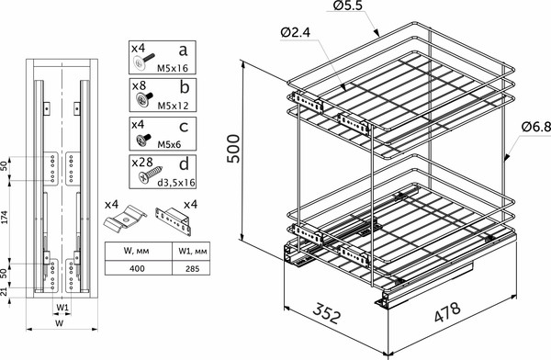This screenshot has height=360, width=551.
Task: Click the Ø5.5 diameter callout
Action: click(347, 6)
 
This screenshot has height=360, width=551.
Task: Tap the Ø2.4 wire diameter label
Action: click(296, 33)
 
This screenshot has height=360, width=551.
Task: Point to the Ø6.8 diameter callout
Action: click(536, 127)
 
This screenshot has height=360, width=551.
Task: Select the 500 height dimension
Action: click(233, 149)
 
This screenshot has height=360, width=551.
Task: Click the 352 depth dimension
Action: click(327, 312)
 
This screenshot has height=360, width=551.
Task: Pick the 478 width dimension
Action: click(447, 311)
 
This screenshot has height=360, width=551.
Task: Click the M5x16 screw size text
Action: click(173, 68)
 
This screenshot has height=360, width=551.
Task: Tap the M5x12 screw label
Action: click(173, 106)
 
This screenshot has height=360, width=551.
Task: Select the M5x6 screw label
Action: click(169, 144)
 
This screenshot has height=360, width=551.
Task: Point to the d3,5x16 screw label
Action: click(175, 183)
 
